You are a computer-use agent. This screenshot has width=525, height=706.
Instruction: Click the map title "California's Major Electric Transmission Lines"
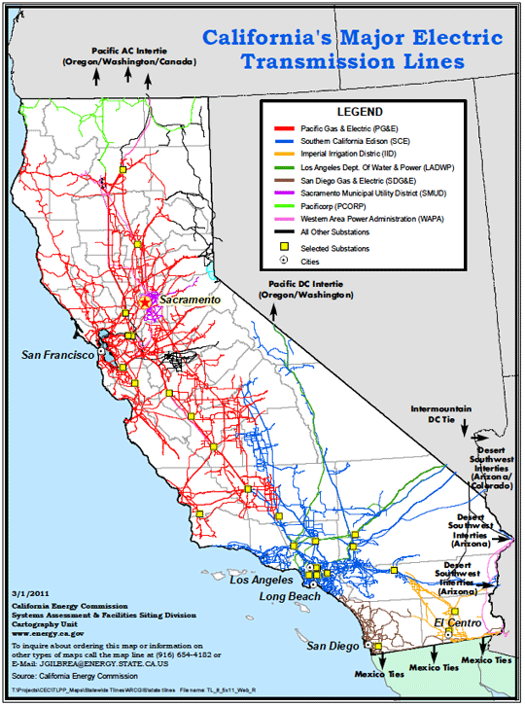point(353,51)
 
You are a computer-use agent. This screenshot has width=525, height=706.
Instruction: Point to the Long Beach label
point(289,595)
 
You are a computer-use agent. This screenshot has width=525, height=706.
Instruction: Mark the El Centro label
point(453,621)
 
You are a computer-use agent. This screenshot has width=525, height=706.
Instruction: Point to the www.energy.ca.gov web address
point(49,632)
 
